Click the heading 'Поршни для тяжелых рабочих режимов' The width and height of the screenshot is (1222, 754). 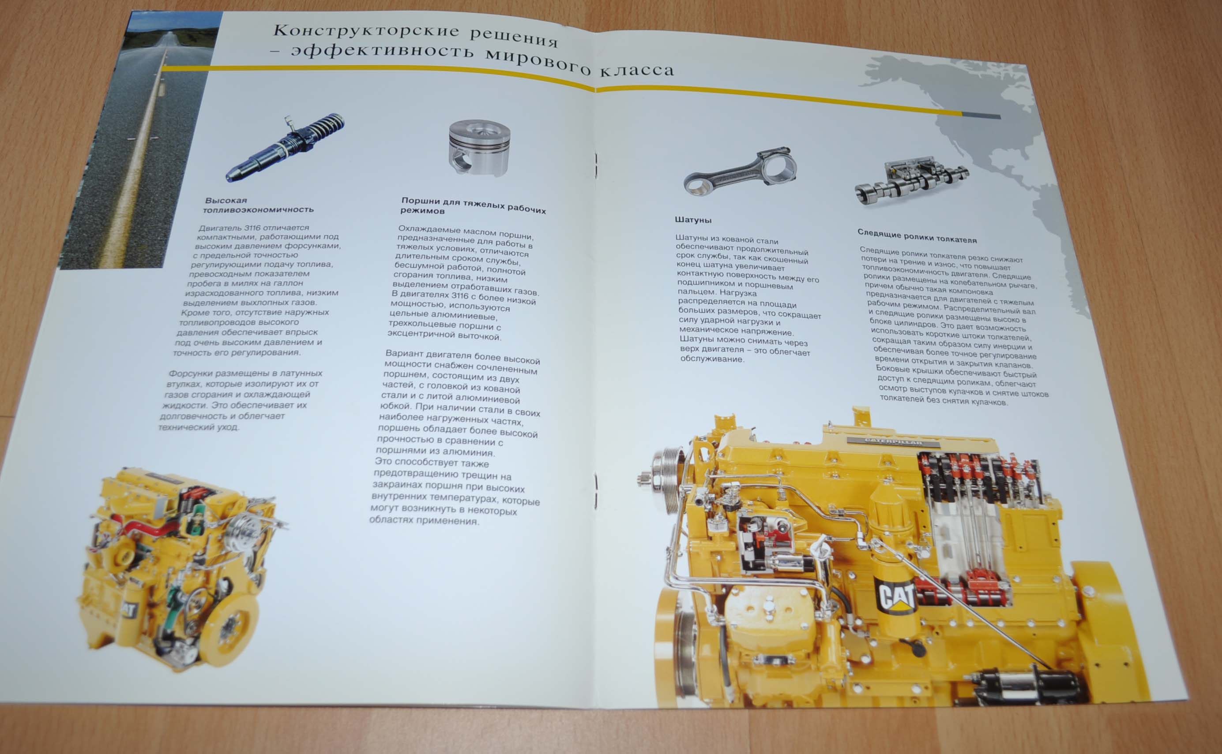tap(473, 205)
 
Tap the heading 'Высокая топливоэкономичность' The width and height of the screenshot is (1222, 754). tap(259, 205)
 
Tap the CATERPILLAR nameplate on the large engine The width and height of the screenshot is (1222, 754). tap(893, 442)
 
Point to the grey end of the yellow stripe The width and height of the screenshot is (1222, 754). tap(981, 116)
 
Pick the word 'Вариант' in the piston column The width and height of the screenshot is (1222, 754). tap(403, 354)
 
